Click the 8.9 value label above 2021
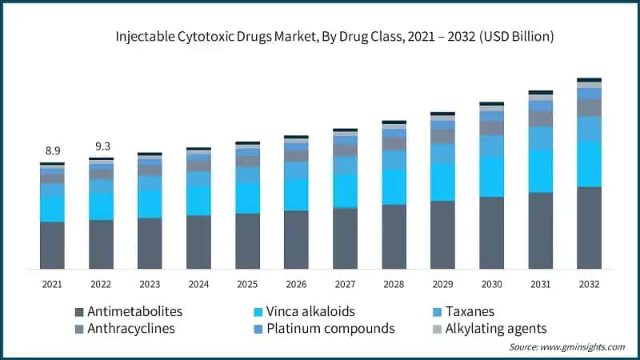click(52, 150)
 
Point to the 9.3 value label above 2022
click(101, 146)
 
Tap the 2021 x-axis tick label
click(52, 283)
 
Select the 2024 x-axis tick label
click(198, 283)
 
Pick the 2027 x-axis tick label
click(345, 283)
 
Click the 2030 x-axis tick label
click(491, 283)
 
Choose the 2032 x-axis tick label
click(589, 283)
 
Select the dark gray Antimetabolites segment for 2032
click(589, 228)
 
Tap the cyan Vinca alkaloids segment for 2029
click(442, 182)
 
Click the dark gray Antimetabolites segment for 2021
click(52, 245)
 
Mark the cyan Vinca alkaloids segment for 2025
click(247, 198)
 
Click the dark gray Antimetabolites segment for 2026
click(296, 239)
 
